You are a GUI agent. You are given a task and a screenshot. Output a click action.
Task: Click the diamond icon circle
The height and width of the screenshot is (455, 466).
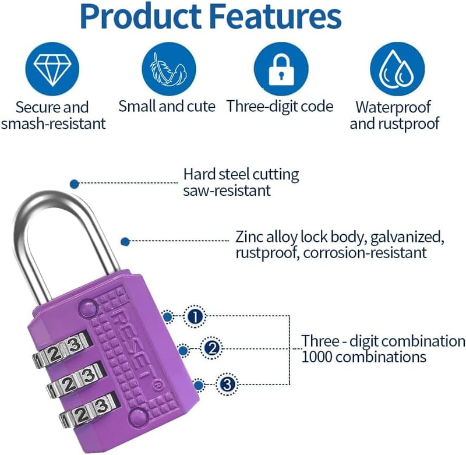tap(52, 69)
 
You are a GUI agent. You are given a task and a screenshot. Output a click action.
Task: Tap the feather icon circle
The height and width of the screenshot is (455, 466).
tap(169, 69)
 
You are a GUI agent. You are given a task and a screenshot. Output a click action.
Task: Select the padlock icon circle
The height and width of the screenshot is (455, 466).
tap(281, 69)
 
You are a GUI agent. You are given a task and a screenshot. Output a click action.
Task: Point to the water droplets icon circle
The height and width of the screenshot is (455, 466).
tap(397, 69)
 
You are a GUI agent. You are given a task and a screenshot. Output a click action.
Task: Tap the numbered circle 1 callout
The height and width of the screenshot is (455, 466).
tap(195, 317)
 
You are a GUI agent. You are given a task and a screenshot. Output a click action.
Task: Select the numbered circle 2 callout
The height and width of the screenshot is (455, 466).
tap(211, 348)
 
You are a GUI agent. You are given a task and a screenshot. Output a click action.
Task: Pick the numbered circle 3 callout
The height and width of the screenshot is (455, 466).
tap(227, 385)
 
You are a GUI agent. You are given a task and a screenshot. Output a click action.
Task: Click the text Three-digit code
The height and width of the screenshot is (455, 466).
tap(280, 107)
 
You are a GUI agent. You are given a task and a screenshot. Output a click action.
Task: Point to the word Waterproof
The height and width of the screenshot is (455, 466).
tap(393, 107)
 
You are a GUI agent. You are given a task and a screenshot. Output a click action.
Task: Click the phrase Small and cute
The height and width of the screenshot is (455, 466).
tap(167, 106)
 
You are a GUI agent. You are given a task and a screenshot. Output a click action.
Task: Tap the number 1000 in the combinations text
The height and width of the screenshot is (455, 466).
tap(316, 357)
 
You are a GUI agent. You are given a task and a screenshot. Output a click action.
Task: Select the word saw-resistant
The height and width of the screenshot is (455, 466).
tap(227, 191)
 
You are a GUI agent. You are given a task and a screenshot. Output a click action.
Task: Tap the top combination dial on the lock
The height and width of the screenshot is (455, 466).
tap(62, 351)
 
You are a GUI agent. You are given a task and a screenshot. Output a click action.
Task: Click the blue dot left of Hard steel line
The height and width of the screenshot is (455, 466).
tap(75, 184)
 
